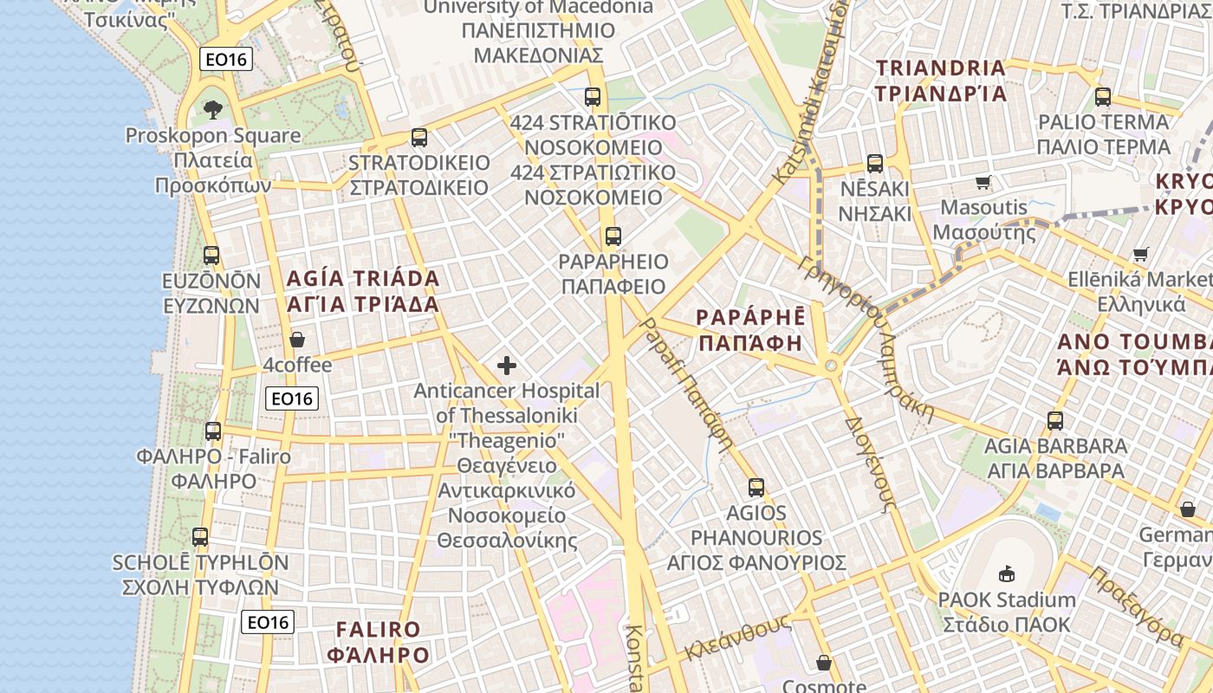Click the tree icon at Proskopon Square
click(x=212, y=110)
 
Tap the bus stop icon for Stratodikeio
click(x=419, y=137)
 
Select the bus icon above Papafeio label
click(x=613, y=236)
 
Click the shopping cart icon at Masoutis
click(x=983, y=182)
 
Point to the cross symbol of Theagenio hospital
click(x=507, y=366)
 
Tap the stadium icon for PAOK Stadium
click(x=1007, y=573)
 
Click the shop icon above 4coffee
click(x=297, y=340)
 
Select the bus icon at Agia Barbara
click(x=1055, y=421)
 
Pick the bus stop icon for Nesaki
click(x=875, y=163)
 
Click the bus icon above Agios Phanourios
click(x=756, y=488)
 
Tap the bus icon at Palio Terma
click(x=1103, y=96)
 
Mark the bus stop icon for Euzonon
click(x=211, y=256)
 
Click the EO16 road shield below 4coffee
click(x=292, y=398)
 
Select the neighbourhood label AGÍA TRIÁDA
click(x=363, y=279)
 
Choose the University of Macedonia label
click(x=538, y=8)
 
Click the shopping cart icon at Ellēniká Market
click(x=1141, y=254)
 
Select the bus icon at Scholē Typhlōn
click(x=200, y=537)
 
